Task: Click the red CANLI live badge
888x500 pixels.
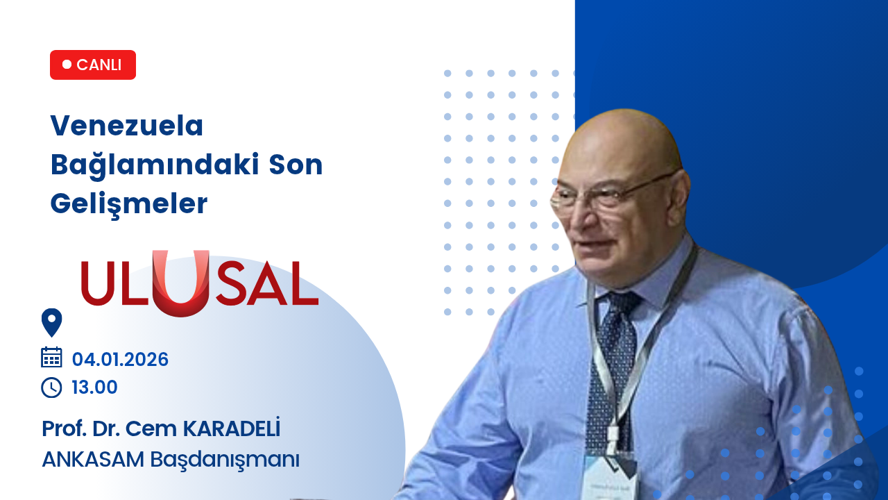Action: pos(93,65)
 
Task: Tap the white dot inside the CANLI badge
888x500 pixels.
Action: pos(67,65)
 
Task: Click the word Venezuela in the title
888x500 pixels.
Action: pos(127,126)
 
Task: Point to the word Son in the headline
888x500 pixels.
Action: pos(296,165)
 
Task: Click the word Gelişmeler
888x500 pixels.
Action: pos(129,204)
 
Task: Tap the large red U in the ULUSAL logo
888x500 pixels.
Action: pos(181,283)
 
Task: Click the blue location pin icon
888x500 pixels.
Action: pos(51,322)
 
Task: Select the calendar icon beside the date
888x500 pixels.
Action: pos(51,357)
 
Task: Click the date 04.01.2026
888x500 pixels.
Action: pos(120,360)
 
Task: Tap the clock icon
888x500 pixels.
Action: pos(51,387)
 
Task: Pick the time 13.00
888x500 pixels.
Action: pos(94,387)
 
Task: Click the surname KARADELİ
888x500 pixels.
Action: pos(232,428)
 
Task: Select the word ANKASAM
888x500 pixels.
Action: pos(93,460)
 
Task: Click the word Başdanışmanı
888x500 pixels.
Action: pos(225,460)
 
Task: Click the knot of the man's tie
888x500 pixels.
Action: pos(622,305)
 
